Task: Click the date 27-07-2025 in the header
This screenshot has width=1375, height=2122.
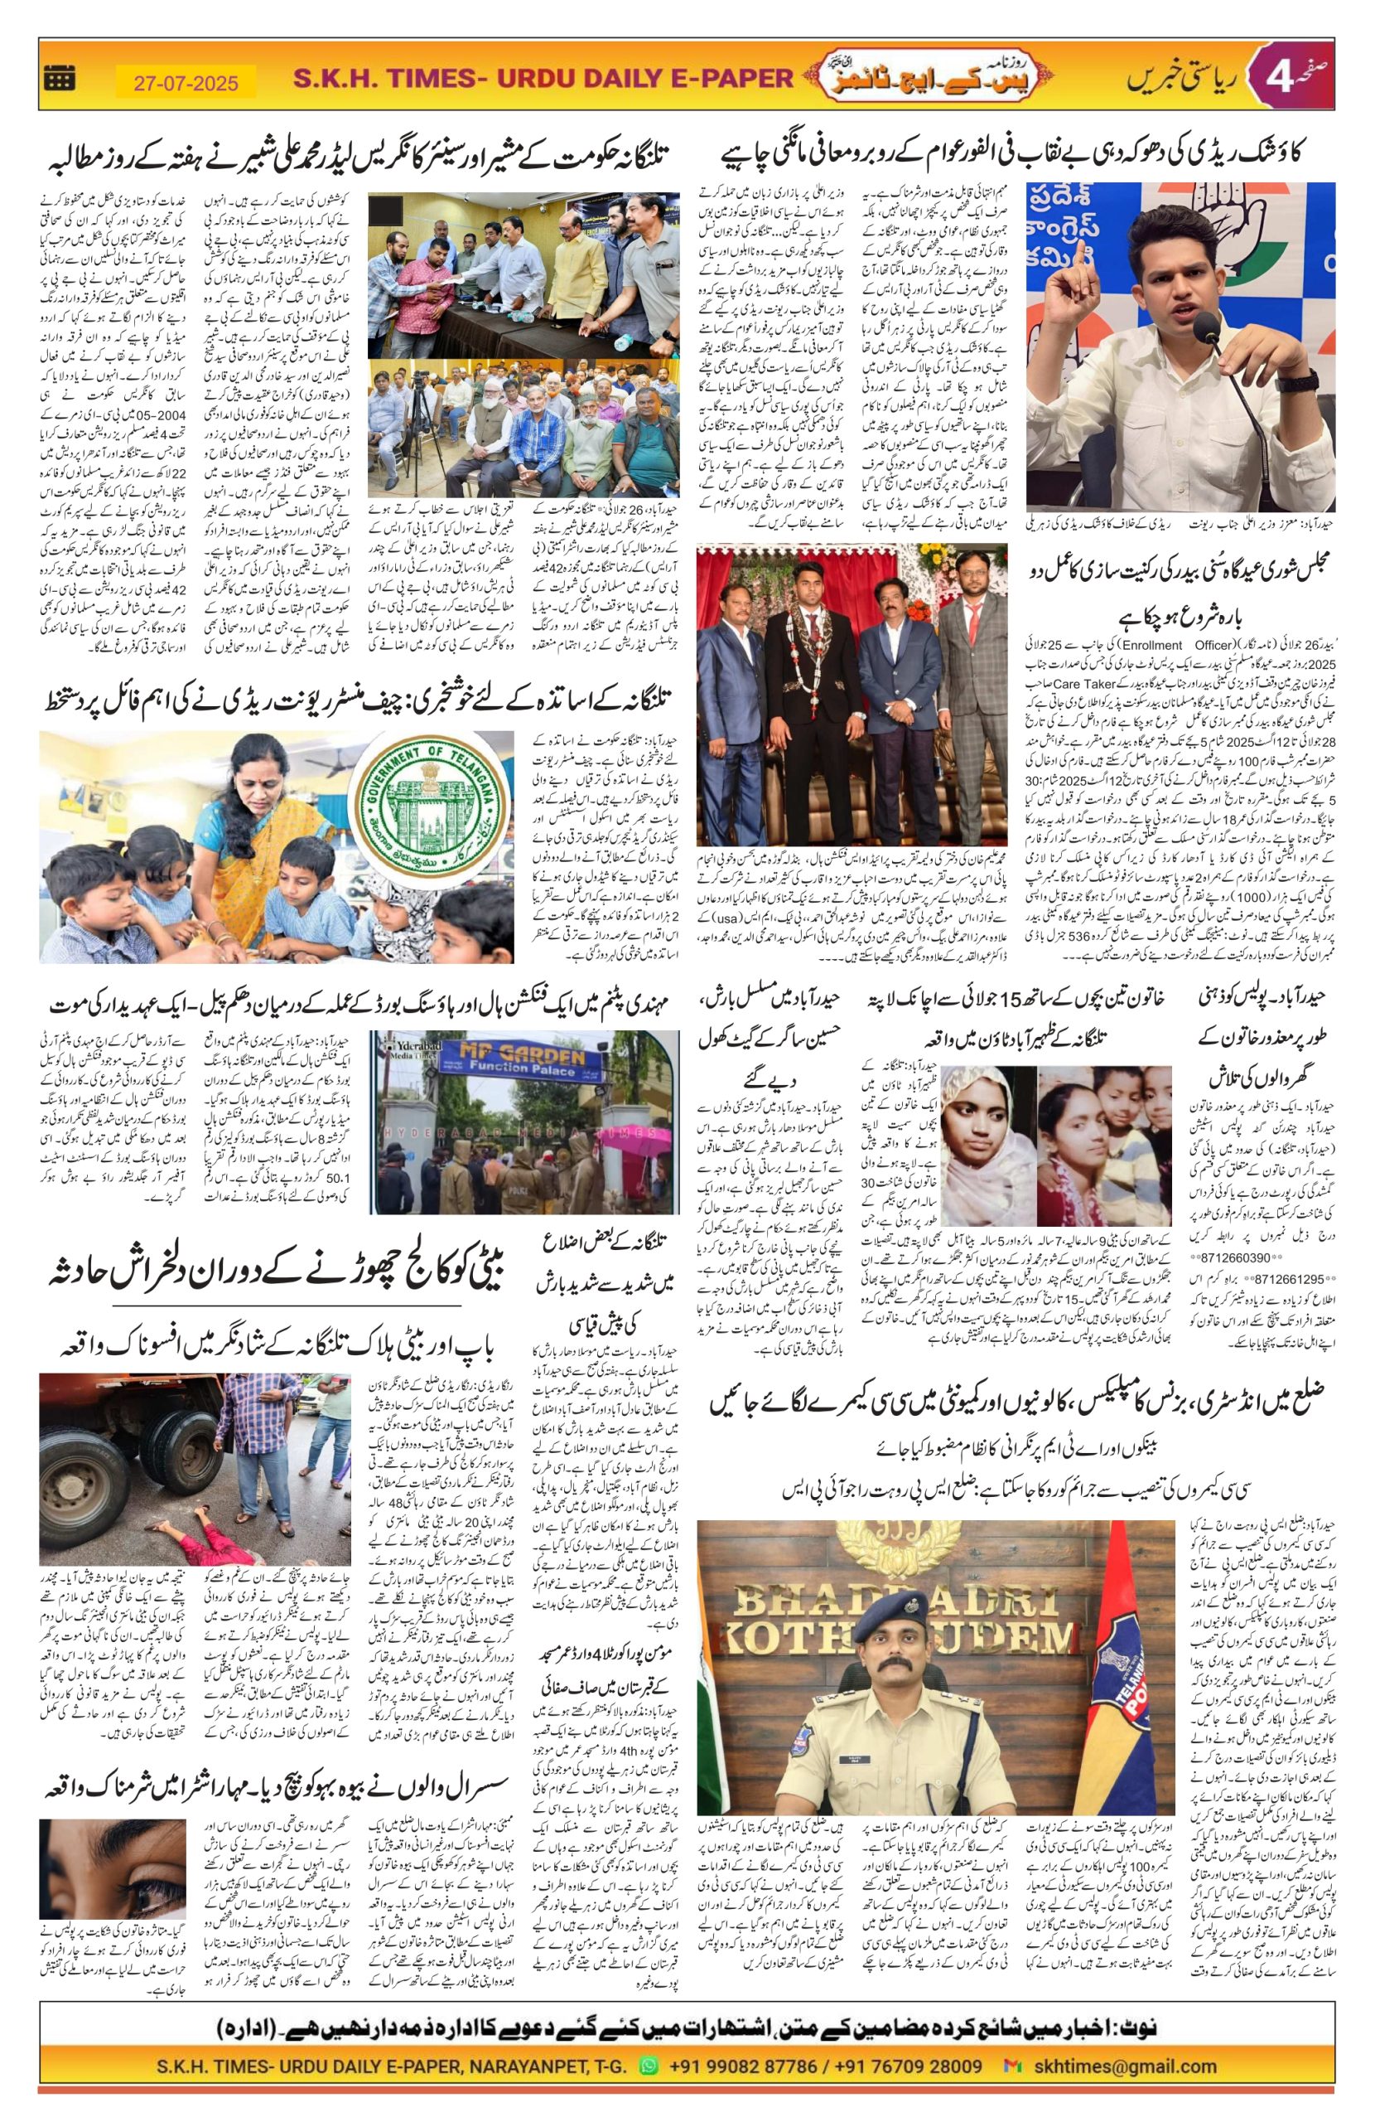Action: tap(186, 83)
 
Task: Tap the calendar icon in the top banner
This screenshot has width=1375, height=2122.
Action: tap(60, 80)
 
